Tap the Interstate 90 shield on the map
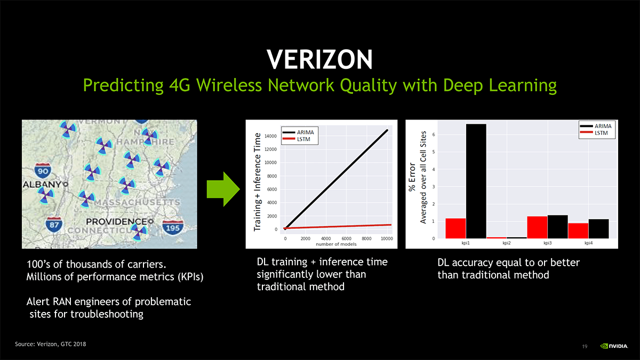42,171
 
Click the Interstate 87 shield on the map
53,224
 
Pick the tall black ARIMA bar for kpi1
476,181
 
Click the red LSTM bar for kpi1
456,228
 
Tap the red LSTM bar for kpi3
537,227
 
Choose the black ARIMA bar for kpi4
598,229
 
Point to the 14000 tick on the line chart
270,137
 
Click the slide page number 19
585,347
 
